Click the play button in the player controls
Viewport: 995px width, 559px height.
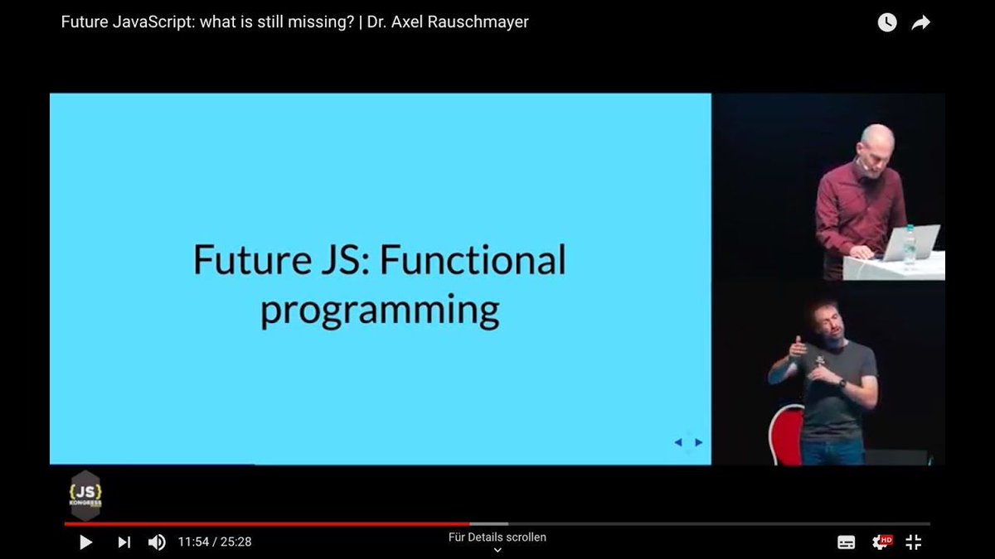(x=85, y=542)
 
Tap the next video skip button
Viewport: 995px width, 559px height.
(x=124, y=542)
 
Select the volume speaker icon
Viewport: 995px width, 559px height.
(x=157, y=542)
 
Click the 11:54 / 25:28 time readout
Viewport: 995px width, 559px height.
(x=215, y=542)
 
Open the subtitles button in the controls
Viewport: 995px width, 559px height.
(x=847, y=542)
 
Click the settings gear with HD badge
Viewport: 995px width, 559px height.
(x=881, y=542)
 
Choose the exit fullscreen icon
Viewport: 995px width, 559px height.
(x=913, y=542)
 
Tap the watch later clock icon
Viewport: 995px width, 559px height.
(x=887, y=23)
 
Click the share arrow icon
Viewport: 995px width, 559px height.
(x=921, y=23)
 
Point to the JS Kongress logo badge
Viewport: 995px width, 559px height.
(x=85, y=494)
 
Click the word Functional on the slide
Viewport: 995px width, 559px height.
(x=473, y=259)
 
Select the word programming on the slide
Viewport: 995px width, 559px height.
(x=380, y=311)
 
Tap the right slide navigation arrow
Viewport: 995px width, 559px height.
(x=699, y=442)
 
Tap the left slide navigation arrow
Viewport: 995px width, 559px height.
(x=678, y=442)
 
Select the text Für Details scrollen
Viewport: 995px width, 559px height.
(x=498, y=537)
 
